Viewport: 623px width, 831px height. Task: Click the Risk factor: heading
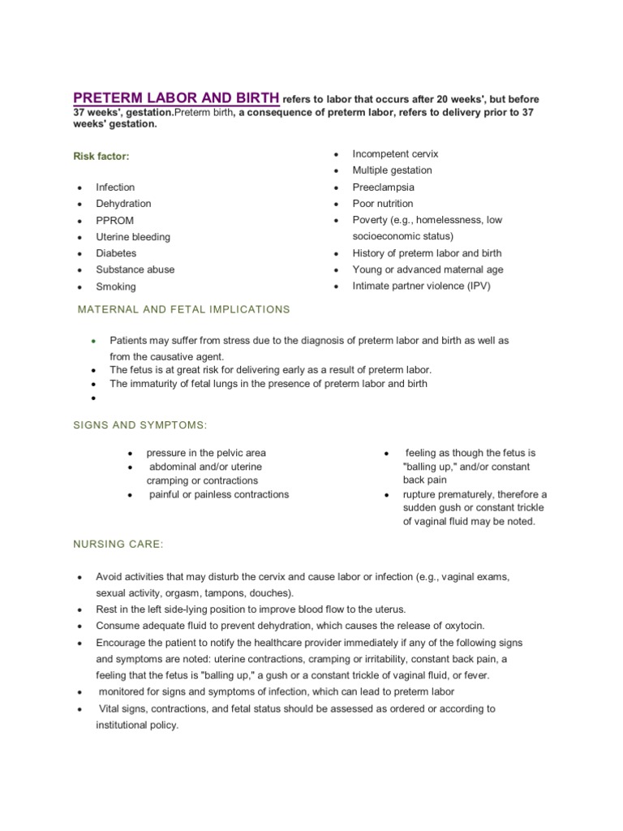[101, 155]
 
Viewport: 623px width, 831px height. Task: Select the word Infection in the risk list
[115, 187]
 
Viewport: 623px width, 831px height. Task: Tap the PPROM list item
[115, 221]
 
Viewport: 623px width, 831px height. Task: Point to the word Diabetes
[116, 253]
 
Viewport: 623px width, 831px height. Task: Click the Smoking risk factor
[116, 286]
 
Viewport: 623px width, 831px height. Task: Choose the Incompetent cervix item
[395, 153]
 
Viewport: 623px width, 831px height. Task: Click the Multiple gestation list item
[392, 170]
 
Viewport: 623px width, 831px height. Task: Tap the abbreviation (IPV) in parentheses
[476, 286]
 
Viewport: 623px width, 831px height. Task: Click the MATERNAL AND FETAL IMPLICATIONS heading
[183, 309]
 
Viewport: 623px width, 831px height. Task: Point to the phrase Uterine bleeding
[133, 237]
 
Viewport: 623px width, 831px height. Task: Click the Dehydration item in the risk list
[123, 204]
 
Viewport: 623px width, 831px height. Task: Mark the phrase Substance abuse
[135, 269]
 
